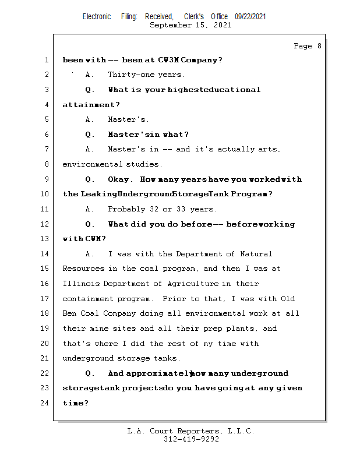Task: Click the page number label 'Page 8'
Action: tap(307, 46)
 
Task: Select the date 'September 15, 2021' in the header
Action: tap(190, 26)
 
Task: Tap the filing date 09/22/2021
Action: tap(250, 17)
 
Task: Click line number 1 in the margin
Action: tap(46, 60)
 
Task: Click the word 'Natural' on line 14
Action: tap(256, 254)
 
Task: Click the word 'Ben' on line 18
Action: tap(70, 314)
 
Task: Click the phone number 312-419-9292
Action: tap(191, 440)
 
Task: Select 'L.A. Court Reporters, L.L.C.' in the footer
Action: tap(190, 432)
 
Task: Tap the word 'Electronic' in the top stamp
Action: tap(97, 17)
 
